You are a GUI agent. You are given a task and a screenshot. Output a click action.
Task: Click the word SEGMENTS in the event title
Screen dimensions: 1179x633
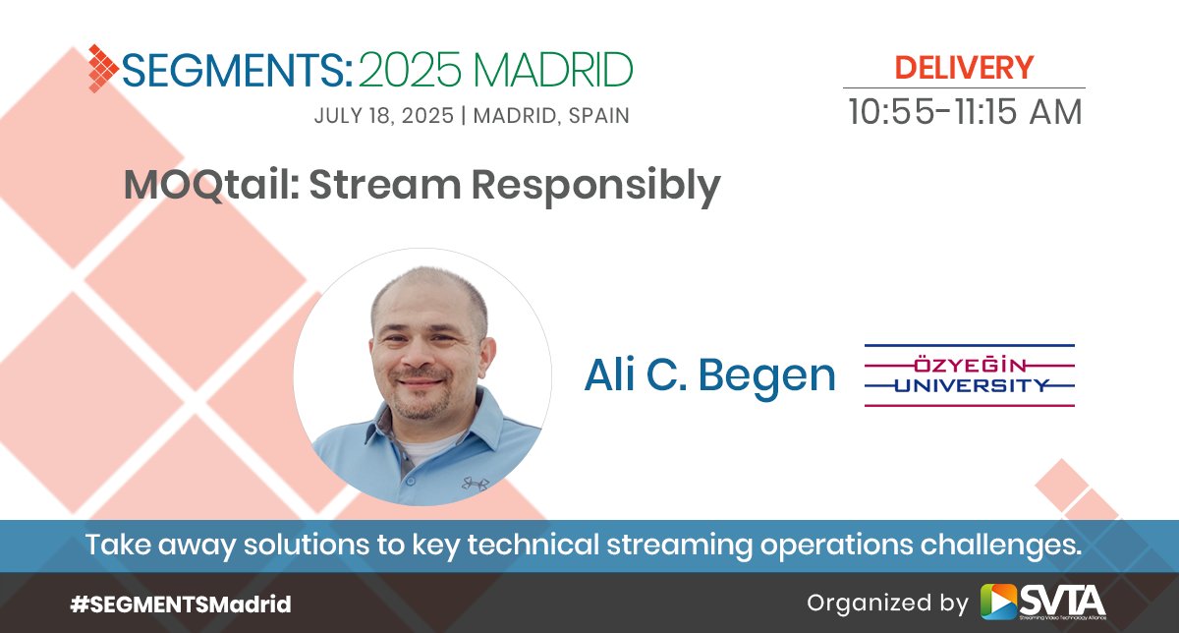(238, 69)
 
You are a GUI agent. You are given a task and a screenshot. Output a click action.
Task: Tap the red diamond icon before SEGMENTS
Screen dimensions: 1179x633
(103, 69)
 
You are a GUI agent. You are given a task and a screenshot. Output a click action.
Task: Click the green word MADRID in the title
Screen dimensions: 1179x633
(553, 70)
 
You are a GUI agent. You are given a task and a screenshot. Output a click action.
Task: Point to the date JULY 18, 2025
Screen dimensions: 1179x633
(384, 116)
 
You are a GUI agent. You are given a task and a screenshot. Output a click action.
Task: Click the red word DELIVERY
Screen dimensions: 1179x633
(964, 68)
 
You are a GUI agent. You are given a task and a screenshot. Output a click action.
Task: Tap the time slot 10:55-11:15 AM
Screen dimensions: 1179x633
(965, 112)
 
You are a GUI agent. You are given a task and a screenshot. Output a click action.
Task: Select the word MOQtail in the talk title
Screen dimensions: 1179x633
(211, 185)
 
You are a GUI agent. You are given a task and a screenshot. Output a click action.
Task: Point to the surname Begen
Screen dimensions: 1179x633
(767, 377)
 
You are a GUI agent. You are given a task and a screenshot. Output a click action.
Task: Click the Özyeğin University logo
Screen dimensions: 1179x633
(970, 375)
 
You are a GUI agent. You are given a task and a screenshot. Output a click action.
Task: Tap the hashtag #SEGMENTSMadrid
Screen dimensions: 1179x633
(181, 604)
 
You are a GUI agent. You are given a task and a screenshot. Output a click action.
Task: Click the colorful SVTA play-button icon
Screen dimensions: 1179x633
(999, 601)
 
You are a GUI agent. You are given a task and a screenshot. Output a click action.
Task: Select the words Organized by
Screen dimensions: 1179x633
(887, 604)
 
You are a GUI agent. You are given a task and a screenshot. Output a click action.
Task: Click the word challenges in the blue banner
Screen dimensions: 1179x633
(1000, 546)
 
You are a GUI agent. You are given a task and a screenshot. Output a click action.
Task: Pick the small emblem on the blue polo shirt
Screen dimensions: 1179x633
(476, 484)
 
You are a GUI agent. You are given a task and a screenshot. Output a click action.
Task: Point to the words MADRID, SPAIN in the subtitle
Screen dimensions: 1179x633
(551, 116)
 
